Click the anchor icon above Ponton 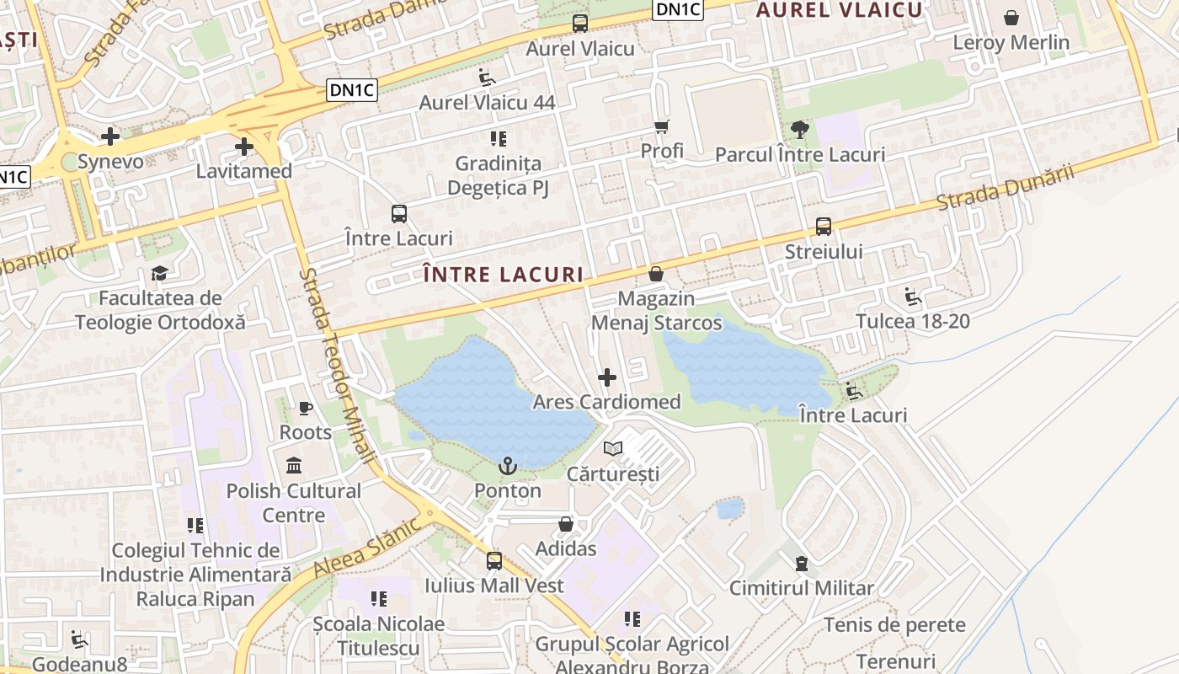[508, 466]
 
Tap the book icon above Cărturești [613, 449]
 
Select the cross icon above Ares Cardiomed [606, 377]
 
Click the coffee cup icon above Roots [306, 409]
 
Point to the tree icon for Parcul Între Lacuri [799, 130]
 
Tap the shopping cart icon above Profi [662, 127]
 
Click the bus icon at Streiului [824, 227]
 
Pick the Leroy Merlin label [1011, 42]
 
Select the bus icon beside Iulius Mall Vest [494, 561]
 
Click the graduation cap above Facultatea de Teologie [160, 273]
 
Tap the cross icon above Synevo [110, 136]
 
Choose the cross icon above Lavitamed [244, 147]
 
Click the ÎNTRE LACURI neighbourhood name [502, 275]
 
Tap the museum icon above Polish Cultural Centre [294, 466]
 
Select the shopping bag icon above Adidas [566, 524]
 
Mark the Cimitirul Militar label [802, 588]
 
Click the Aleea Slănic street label [367, 548]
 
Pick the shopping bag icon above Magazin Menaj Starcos [656, 275]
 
